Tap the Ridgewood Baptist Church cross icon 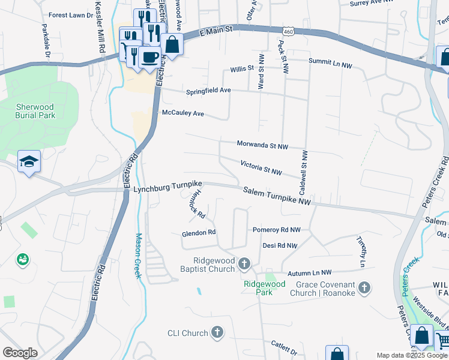244,263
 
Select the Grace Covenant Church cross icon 364,289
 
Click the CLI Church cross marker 217,332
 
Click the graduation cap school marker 29,161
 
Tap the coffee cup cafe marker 149,58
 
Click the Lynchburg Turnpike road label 167,188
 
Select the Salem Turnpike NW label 277,196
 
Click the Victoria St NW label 261,167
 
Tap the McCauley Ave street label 183,113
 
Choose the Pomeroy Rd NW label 276,230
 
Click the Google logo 20,353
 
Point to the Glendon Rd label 198,232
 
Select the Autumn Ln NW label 309,272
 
